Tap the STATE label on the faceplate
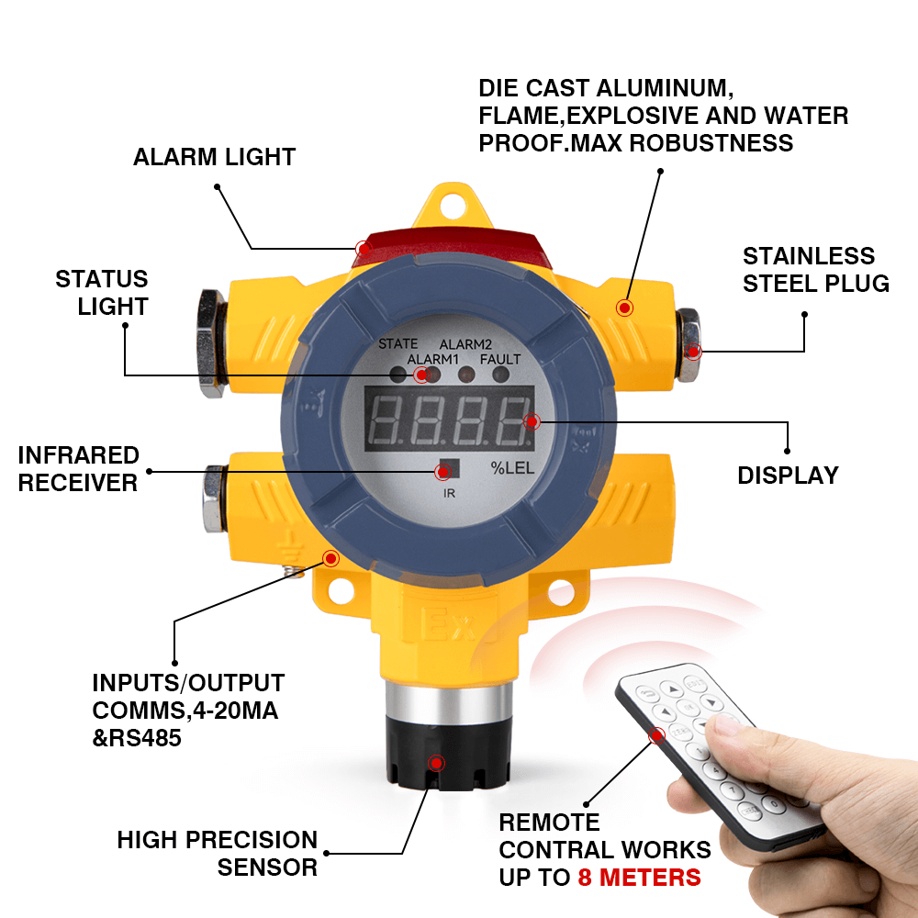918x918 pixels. click(x=398, y=343)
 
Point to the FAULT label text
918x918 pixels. click(x=500, y=359)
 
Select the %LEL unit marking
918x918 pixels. click(x=512, y=468)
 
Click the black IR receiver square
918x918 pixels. click(x=450, y=468)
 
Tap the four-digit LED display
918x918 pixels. click(x=449, y=419)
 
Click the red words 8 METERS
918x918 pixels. click(x=639, y=877)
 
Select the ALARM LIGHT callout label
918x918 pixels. click(x=214, y=157)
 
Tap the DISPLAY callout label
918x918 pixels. click(x=788, y=476)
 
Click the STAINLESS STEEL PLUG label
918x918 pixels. click(x=815, y=270)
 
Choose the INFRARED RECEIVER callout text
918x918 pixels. click(x=78, y=469)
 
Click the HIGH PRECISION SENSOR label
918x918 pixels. click(x=218, y=854)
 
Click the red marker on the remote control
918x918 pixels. click(x=657, y=735)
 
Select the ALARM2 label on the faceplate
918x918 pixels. click(x=465, y=344)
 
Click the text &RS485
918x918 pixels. click(x=137, y=738)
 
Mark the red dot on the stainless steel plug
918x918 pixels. click(x=693, y=352)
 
